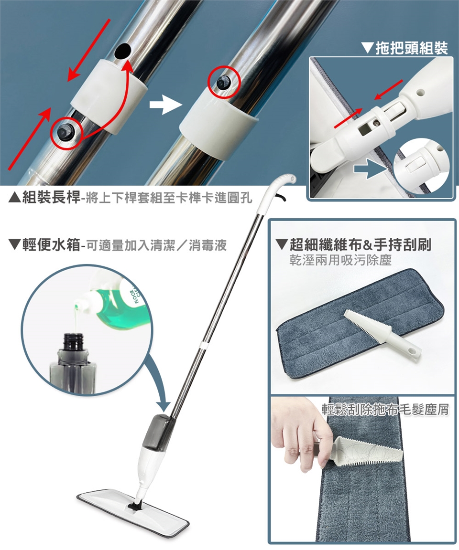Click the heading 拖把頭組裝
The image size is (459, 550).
[x=412, y=48]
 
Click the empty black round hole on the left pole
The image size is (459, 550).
[x=122, y=51]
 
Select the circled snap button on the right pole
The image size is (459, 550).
[x=223, y=83]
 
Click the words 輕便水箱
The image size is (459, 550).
[x=51, y=245]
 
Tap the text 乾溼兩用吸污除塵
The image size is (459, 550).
[x=340, y=260]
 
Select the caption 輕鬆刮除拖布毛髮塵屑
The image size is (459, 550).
[x=385, y=409]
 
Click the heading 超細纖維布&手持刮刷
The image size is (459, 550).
[x=360, y=244]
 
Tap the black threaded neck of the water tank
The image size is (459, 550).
[x=74, y=341]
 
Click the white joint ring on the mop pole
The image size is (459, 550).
[x=201, y=345]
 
